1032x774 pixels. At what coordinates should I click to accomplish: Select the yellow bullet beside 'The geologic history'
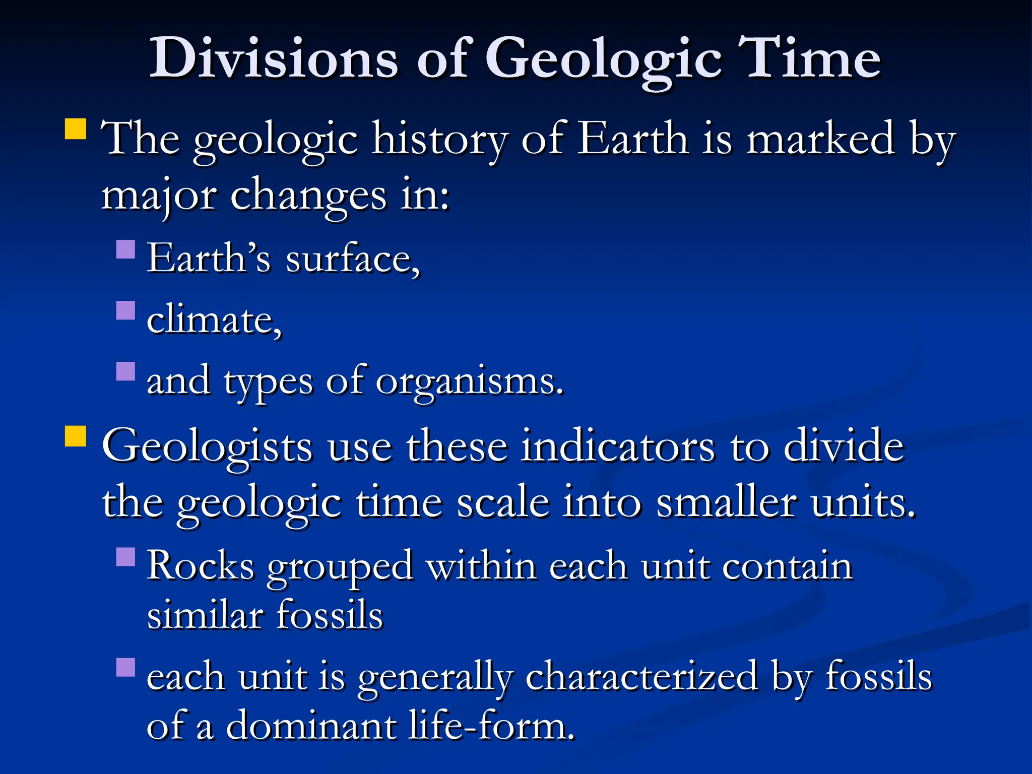coord(76,129)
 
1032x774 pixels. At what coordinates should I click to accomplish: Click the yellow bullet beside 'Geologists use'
coord(76,436)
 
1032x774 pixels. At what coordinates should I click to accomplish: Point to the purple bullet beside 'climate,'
coord(125,310)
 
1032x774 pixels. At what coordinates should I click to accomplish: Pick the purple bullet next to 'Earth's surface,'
coord(125,249)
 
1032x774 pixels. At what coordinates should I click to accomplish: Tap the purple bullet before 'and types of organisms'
coord(125,371)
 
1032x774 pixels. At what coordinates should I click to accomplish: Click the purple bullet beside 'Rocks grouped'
coord(125,557)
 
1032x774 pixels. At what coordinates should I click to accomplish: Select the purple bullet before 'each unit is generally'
coord(125,667)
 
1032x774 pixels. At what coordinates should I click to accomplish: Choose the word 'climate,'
coord(214,320)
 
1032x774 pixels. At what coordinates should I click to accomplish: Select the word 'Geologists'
coord(207,446)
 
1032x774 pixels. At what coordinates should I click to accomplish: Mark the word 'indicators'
coord(617,446)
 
